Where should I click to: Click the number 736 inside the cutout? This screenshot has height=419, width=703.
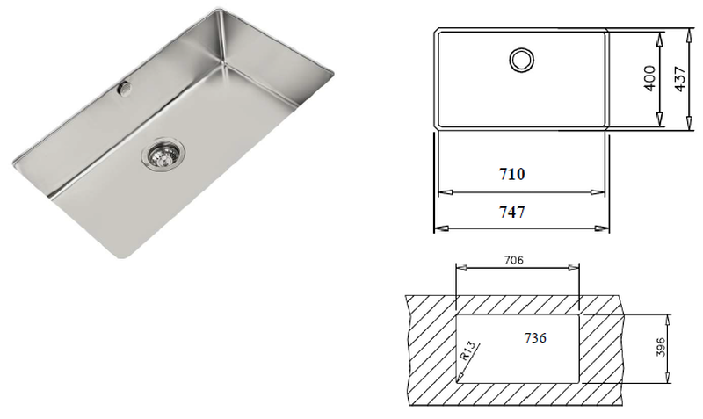pyautogui.click(x=537, y=339)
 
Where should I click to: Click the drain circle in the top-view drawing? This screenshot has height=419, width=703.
pyautogui.click(x=521, y=60)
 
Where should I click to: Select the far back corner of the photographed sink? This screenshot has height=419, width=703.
pyautogui.click(x=217, y=11)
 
